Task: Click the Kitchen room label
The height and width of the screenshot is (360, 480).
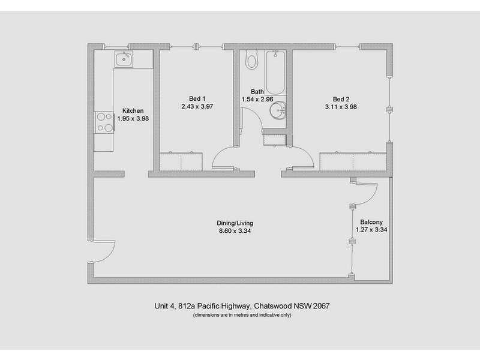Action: (133, 111)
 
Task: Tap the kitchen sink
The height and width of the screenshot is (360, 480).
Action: (124, 59)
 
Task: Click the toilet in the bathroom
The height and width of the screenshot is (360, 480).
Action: (252, 60)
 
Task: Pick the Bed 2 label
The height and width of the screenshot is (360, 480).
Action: (341, 99)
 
